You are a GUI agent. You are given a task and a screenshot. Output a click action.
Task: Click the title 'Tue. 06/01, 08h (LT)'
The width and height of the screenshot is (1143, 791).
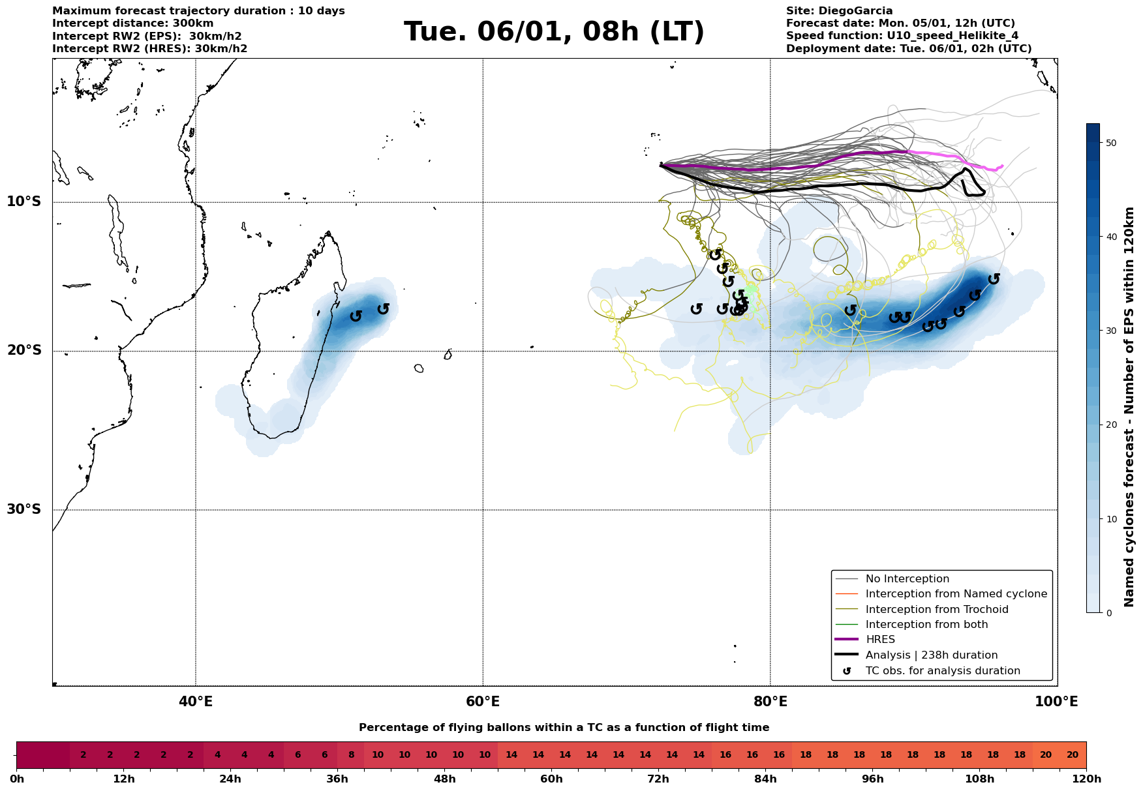[554, 32]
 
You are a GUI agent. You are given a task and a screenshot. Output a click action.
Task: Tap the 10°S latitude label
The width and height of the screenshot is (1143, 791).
[24, 201]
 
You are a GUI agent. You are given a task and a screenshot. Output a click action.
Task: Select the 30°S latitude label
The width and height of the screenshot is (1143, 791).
[24, 509]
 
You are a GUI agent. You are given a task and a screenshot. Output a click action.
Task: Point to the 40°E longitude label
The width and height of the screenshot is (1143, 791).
[196, 702]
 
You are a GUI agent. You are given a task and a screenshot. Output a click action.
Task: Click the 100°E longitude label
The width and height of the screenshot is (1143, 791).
[1056, 702]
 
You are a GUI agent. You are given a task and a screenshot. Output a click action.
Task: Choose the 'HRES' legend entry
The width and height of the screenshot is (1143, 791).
[880, 640]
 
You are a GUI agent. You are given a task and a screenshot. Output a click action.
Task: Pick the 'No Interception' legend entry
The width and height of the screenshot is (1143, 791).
[907, 579]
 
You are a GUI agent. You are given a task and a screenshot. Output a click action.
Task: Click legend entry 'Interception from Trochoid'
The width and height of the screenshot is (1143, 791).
[936, 610]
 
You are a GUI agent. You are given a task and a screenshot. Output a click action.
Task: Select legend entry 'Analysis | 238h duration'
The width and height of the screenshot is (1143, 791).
[931, 655]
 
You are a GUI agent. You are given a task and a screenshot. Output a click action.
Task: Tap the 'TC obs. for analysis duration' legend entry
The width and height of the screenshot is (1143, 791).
[942, 671]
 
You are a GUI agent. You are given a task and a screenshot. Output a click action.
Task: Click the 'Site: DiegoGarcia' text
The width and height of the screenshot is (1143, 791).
[839, 11]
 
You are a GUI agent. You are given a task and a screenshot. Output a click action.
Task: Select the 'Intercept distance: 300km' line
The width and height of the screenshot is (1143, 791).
[132, 23]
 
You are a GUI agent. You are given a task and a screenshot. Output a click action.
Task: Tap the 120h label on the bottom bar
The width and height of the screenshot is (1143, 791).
[1086, 779]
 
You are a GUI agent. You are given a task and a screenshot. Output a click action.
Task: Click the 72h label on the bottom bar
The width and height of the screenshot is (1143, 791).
[658, 779]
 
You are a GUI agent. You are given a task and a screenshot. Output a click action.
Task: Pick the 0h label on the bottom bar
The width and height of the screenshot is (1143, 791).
[17, 779]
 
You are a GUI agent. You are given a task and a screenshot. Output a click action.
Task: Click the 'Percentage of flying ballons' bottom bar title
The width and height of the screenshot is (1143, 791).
[564, 728]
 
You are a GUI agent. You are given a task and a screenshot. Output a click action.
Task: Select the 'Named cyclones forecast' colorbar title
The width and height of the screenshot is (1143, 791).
[1129, 407]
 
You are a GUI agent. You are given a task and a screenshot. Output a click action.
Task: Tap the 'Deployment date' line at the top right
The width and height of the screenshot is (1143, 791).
[908, 49]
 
